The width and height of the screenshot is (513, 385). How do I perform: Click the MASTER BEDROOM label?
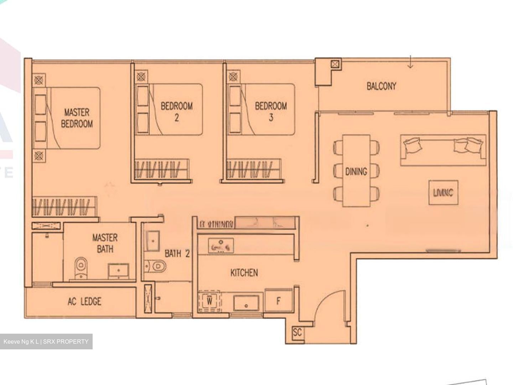click(77, 118)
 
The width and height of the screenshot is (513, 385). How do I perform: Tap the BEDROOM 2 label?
click(177, 112)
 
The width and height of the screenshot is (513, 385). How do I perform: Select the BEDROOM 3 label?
click(271, 112)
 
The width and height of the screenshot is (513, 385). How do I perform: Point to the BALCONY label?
click(381, 86)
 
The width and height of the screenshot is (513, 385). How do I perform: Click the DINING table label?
click(356, 171)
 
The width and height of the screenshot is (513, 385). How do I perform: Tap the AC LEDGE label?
click(84, 302)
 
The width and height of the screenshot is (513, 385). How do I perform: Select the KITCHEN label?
click(244, 273)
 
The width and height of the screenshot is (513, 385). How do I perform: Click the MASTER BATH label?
click(105, 243)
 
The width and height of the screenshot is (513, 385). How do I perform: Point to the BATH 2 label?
click(177, 254)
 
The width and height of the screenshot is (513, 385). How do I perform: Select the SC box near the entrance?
click(297, 333)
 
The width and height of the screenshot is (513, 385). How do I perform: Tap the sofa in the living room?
click(443, 150)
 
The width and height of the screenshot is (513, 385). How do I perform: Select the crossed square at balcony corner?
click(335, 64)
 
